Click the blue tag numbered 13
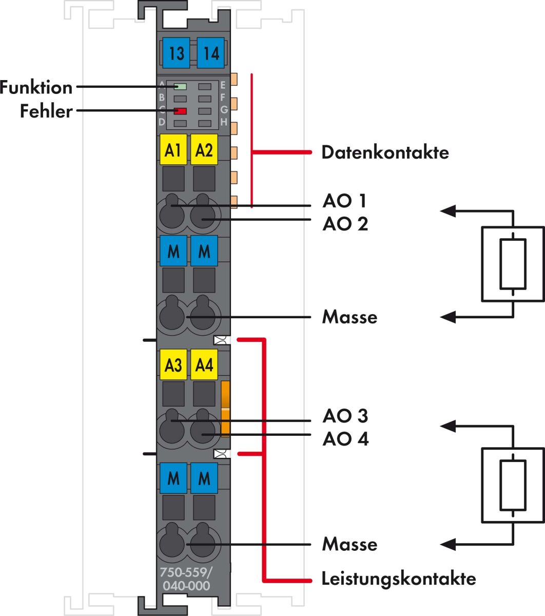coord(176,53)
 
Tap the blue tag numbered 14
coord(210,53)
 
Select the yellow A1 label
coord(173,150)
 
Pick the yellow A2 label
coord(204,150)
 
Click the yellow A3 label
coord(173,365)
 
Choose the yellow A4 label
coord(204,365)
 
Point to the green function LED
coord(180,86)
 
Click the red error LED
coord(180,111)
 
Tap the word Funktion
coord(36,87)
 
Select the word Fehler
coord(46,111)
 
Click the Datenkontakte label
coord(385,152)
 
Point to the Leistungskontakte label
coord(399,579)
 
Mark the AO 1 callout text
coord(345,200)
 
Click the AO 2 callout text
coord(345,224)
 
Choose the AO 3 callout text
coord(345,415)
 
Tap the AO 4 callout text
coord(345,439)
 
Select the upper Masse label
coord(349,317)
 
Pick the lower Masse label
coord(349,544)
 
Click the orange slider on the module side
coord(225,409)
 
